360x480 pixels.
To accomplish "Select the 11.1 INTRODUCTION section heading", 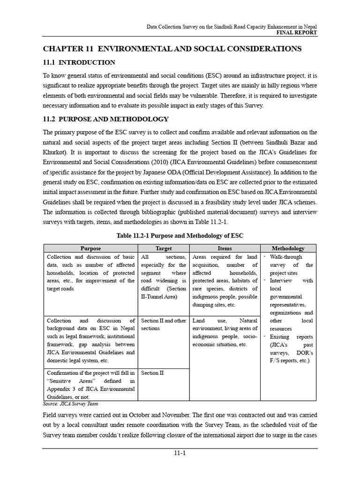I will click(x=79, y=62).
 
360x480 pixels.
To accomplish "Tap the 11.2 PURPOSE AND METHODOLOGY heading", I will click(x=106, y=119).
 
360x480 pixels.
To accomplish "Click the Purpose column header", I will click(x=90, y=248).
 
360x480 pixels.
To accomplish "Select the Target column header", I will click(x=164, y=248).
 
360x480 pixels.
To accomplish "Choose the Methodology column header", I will click(x=288, y=248).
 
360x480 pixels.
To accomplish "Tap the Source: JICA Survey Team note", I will click(x=70, y=404).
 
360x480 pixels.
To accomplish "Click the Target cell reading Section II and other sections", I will click(x=163, y=324).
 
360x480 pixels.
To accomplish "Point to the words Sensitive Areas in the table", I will click(x=71, y=381).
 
